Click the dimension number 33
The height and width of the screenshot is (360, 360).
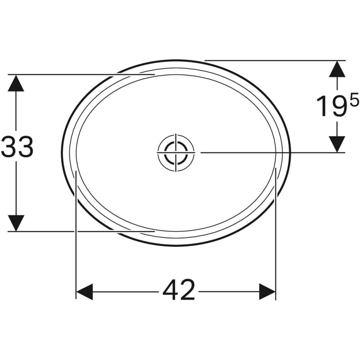(17, 147)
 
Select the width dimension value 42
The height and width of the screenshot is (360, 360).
(179, 290)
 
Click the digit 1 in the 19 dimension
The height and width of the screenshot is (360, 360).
(323, 107)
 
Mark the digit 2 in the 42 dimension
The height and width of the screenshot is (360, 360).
(188, 290)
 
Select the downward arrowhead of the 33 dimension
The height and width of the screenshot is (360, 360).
(17, 223)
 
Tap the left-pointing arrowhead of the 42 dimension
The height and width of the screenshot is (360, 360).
(85, 291)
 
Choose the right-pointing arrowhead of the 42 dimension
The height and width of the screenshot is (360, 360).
(267, 291)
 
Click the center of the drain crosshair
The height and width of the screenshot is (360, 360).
(176, 152)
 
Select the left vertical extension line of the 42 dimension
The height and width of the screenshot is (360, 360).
(76, 234)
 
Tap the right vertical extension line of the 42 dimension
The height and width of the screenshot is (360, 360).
(275, 234)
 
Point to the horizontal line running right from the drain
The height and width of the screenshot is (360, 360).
(270, 152)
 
